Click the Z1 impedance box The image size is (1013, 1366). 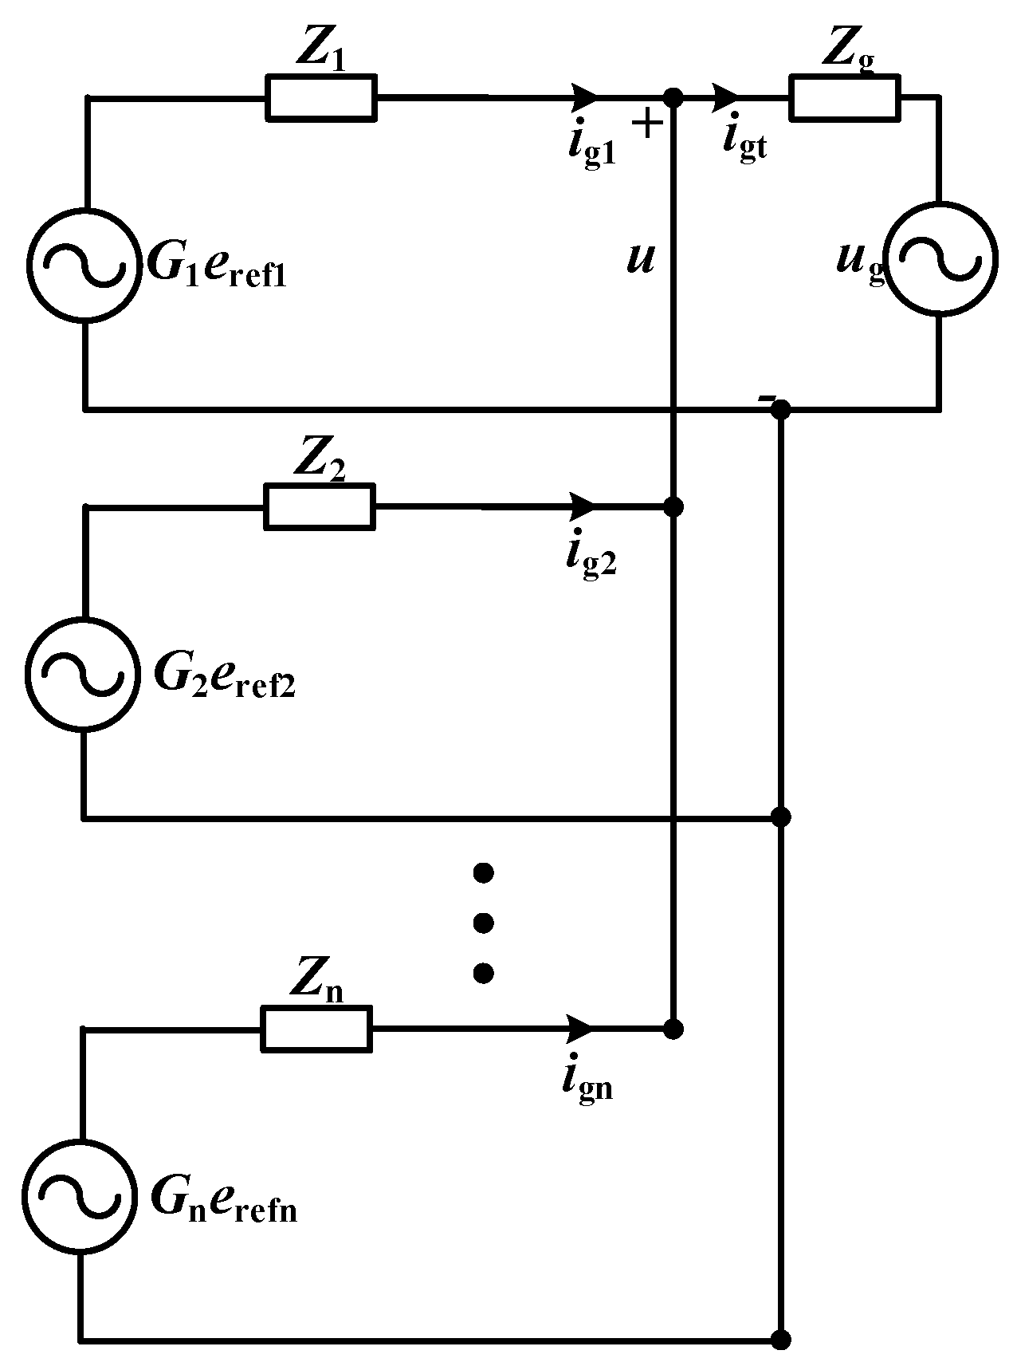(320, 98)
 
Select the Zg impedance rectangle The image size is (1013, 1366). (844, 98)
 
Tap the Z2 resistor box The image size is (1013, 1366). (319, 506)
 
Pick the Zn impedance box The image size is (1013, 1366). (316, 1029)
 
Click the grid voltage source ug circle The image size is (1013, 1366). (941, 260)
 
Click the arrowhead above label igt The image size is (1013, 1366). (727, 97)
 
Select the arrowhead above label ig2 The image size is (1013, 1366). (583, 506)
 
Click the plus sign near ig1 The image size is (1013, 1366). (647, 124)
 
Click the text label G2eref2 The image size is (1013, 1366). (224, 678)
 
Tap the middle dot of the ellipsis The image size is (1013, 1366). (483, 923)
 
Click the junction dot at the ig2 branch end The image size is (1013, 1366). (673, 506)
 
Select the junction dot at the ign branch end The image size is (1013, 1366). (673, 1029)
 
